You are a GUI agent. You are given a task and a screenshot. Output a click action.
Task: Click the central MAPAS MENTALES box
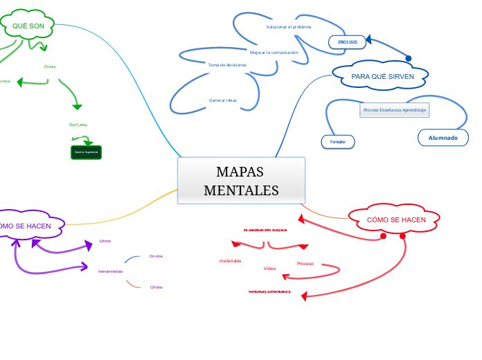pyautogui.click(x=241, y=181)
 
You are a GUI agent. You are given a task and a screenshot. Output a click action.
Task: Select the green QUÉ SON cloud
pyautogui.click(x=28, y=26)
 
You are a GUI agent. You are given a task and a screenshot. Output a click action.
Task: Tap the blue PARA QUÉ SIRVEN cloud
pyautogui.click(x=382, y=75)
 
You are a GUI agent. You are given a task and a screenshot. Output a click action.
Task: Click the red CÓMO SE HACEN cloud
pyautogui.click(x=395, y=219)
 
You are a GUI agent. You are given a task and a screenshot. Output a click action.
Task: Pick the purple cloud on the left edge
pyautogui.click(x=28, y=225)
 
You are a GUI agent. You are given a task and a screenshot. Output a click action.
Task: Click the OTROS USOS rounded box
pyautogui.click(x=347, y=42)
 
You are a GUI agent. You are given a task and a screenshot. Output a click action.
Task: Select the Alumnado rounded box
pyautogui.click(x=443, y=138)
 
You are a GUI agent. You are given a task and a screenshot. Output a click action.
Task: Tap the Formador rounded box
pyautogui.click(x=337, y=142)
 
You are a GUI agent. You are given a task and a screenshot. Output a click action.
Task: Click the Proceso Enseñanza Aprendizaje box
pyautogui.click(x=395, y=110)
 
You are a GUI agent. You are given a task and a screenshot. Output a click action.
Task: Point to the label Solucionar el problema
pyautogui.click(x=289, y=27)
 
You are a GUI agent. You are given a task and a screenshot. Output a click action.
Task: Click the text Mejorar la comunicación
pyautogui.click(x=274, y=53)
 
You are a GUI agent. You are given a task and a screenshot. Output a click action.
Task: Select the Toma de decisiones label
pyautogui.click(x=227, y=64)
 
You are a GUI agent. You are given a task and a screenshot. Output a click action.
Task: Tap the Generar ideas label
pyautogui.click(x=223, y=100)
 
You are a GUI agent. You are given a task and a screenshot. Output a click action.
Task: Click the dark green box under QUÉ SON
pyautogui.click(x=86, y=152)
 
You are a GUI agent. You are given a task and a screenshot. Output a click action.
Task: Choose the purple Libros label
pyautogui.click(x=105, y=241)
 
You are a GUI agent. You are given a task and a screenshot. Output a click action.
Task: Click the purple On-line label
pyautogui.click(x=156, y=256)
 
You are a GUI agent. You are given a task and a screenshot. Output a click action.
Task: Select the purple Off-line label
pyautogui.click(x=156, y=287)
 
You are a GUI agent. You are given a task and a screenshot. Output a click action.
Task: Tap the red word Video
pyautogui.click(x=269, y=268)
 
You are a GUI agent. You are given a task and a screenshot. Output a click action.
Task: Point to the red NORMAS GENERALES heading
pyautogui.click(x=269, y=292)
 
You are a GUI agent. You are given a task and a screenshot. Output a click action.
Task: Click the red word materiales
pyautogui.click(x=230, y=261)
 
